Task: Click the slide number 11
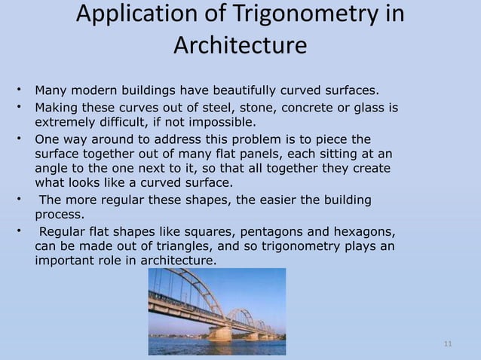448,345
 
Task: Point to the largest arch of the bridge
188,290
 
